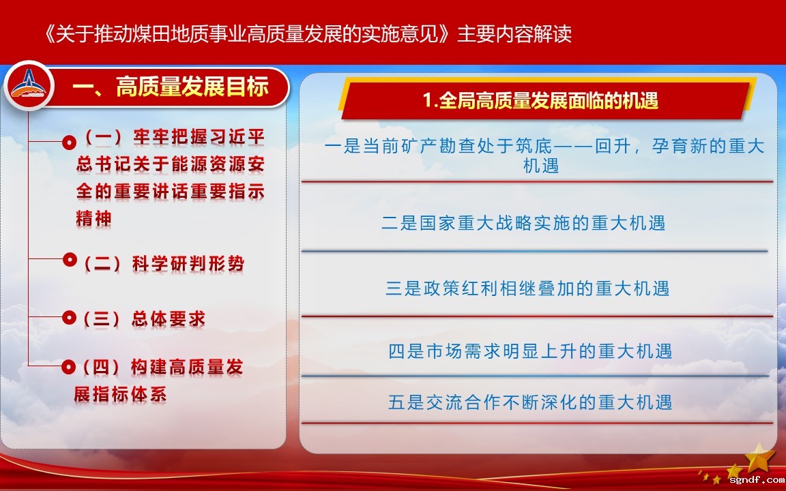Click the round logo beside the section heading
coord(29,85)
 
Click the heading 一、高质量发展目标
coord(171,87)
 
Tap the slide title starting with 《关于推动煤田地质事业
coord(308,34)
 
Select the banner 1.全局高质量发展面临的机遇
coord(540,101)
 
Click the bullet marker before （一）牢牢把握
coord(69,143)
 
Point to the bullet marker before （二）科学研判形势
coord(69,260)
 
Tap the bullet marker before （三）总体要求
coord(69,318)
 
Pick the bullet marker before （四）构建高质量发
coord(69,367)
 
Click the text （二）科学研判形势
coord(164,263)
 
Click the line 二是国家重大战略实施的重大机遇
coord(523,223)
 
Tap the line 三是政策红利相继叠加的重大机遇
coord(527,288)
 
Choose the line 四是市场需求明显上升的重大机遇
coord(530,351)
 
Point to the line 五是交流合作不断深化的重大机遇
coord(530,402)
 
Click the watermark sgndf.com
coord(757,481)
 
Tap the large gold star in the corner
coord(759,456)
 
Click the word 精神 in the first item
coord(93,219)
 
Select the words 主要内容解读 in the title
coord(514,34)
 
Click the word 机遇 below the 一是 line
coord(541,165)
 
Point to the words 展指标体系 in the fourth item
coord(120,394)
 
